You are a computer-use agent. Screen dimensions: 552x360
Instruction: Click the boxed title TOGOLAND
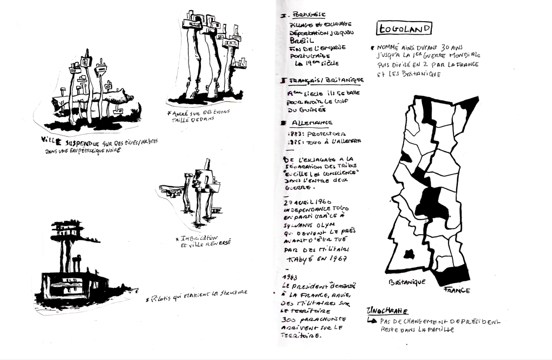coord(404,28)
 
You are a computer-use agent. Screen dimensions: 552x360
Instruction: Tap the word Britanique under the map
coord(407,282)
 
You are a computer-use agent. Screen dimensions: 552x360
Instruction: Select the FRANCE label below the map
coord(456,290)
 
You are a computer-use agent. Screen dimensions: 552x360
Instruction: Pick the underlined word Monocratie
coord(387,311)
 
